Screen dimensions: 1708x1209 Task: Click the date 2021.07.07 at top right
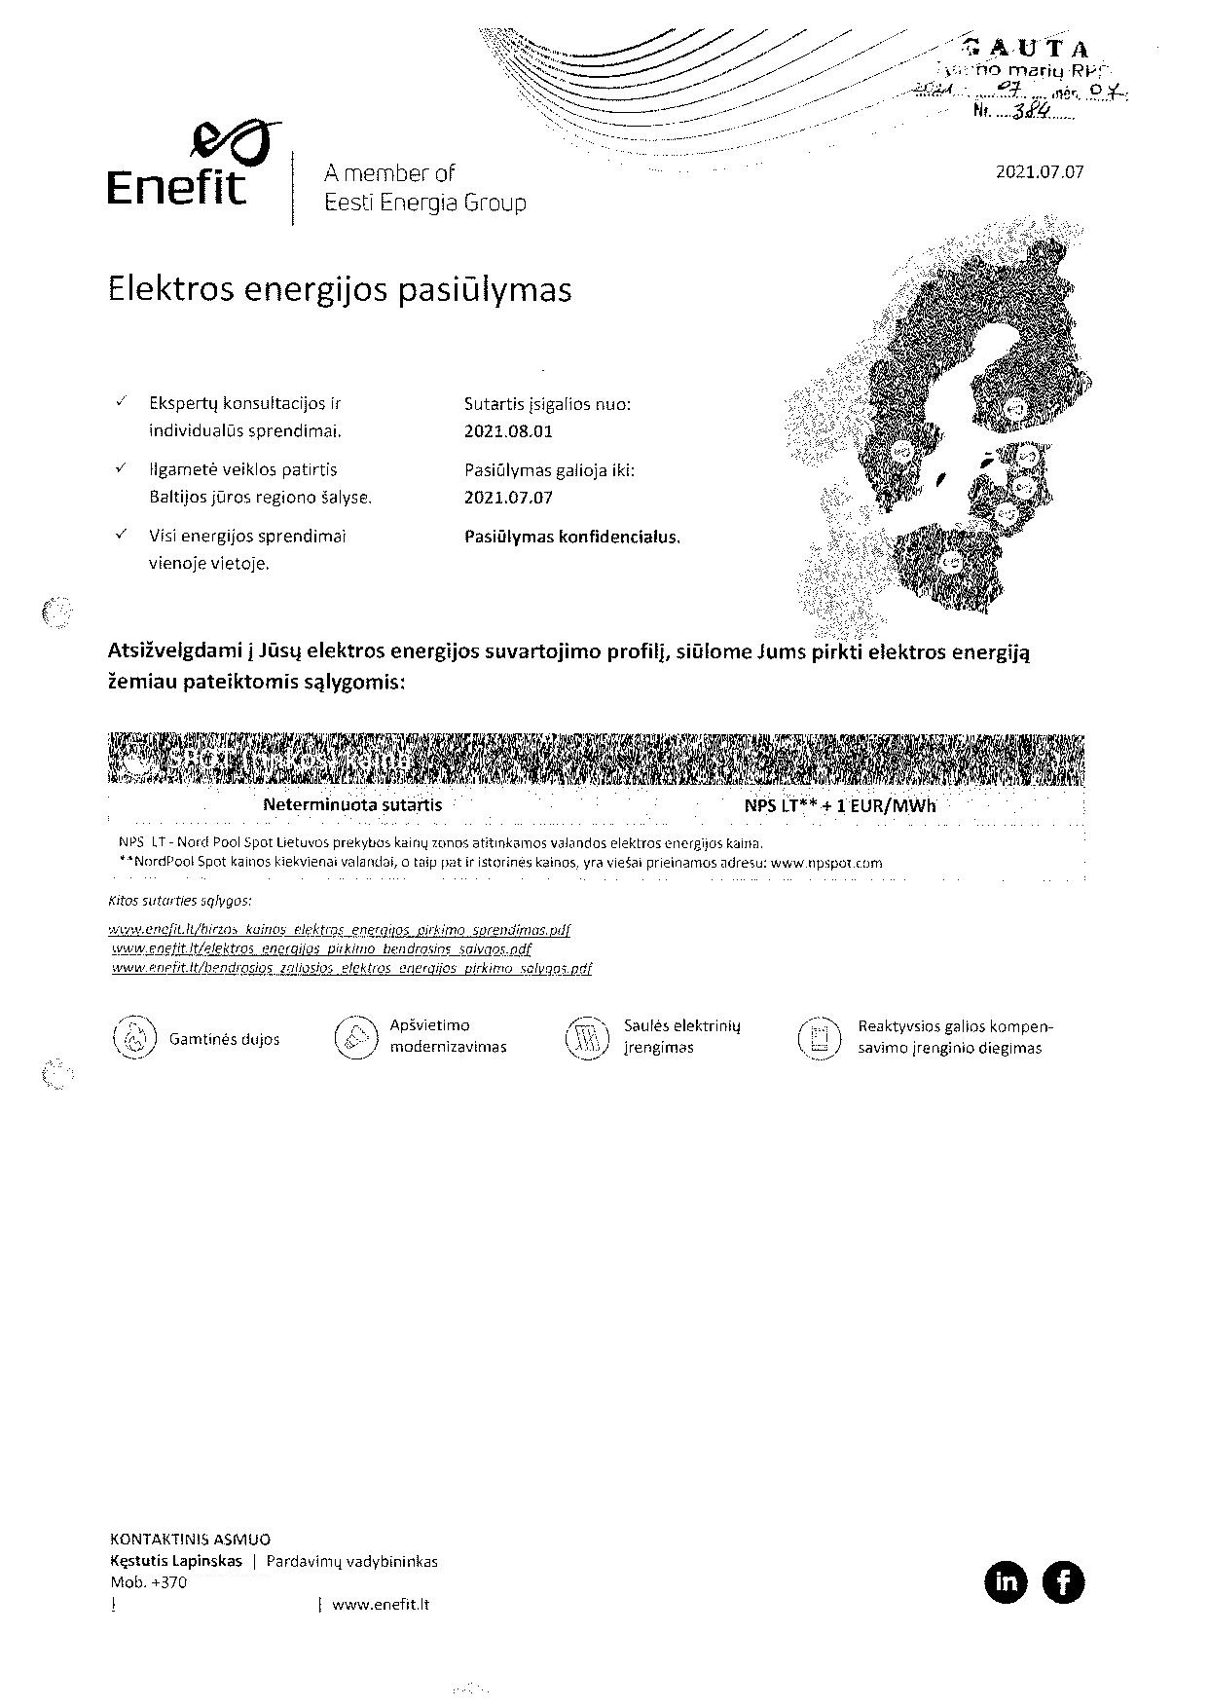click(1039, 172)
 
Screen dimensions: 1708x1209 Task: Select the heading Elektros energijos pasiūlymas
click(339, 290)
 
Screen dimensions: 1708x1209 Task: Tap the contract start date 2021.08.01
click(508, 431)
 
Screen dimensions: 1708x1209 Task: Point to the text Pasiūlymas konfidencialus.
click(572, 537)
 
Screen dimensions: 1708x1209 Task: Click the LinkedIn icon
click(1006, 1581)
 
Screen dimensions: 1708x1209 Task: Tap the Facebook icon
click(1063, 1581)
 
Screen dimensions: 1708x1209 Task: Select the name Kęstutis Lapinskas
click(176, 1561)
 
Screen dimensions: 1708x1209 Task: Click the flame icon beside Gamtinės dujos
click(134, 1038)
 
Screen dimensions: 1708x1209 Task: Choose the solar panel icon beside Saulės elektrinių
click(586, 1038)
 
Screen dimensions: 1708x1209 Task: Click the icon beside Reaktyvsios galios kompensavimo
click(819, 1038)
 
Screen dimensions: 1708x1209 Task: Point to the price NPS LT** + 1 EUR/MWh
click(839, 806)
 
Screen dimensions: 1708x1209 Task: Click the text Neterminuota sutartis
click(352, 805)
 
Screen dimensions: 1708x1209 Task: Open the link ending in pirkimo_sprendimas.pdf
click(341, 930)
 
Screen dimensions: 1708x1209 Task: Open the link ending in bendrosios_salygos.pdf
click(322, 948)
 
